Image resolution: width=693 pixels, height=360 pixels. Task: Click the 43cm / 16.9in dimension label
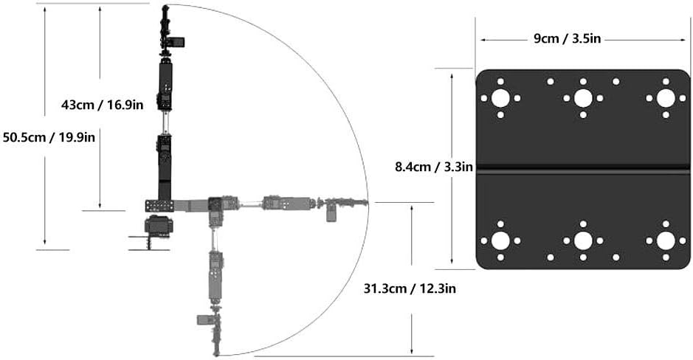tap(102, 105)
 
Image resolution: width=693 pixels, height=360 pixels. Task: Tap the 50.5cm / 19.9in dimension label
tap(49, 137)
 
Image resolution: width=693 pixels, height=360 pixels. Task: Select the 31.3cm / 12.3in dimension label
tap(410, 289)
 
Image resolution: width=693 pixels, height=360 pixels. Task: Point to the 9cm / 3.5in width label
tap(568, 38)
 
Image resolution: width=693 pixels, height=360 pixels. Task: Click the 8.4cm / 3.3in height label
tap(434, 167)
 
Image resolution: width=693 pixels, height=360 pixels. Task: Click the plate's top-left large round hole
tap(500, 98)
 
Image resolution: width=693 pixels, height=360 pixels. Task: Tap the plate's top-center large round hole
tap(583, 98)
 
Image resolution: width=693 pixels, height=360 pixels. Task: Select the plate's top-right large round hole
tap(666, 98)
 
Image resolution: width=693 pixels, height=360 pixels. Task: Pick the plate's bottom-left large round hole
tap(500, 240)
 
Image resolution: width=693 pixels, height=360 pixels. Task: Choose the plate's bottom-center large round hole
tap(583, 240)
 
